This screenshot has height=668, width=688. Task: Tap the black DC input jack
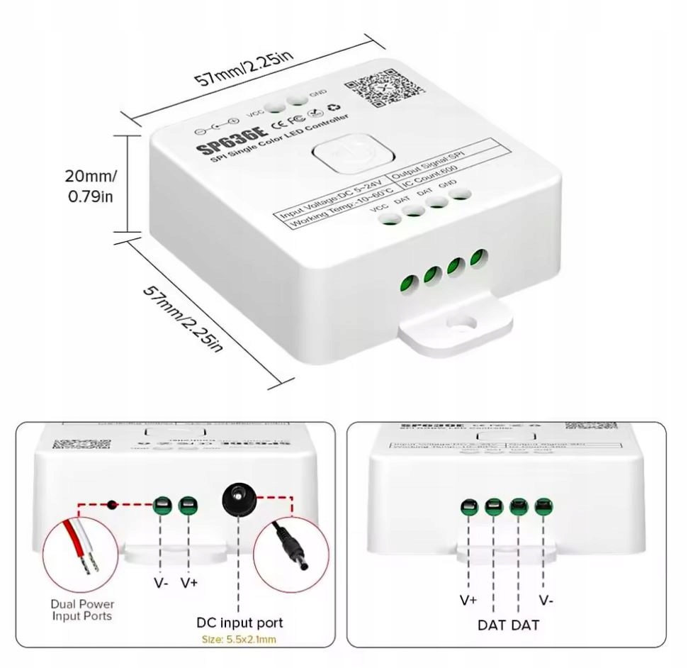(x=238, y=502)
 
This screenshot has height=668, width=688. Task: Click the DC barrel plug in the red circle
(x=291, y=552)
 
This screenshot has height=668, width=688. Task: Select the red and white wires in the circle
(x=81, y=549)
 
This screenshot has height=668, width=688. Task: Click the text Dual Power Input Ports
(x=82, y=610)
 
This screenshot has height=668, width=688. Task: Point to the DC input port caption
(x=239, y=623)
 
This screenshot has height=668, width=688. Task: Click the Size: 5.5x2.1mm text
(x=239, y=640)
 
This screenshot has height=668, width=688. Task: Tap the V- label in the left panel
(x=162, y=583)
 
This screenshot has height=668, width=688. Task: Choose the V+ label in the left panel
(x=188, y=583)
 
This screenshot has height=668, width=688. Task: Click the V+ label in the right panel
(x=468, y=600)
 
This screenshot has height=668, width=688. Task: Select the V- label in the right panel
(x=546, y=600)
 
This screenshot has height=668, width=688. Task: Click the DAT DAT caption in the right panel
(x=508, y=625)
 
